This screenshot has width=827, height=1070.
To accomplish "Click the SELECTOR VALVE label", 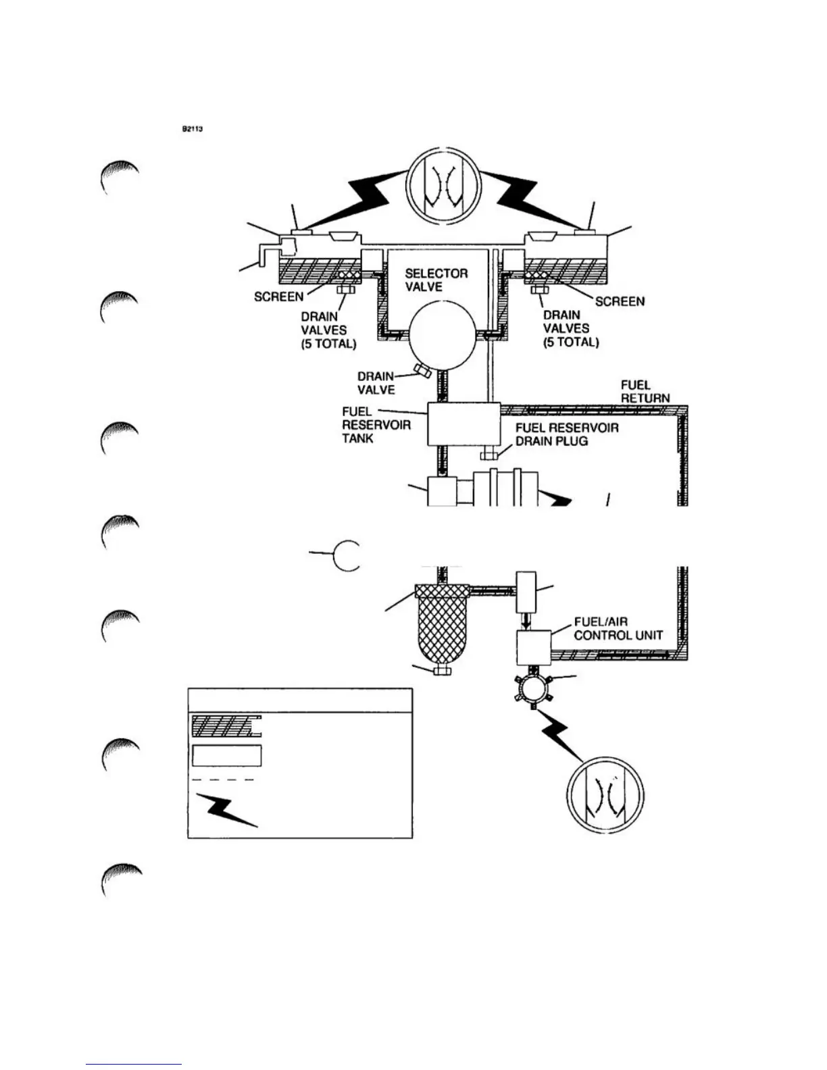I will (x=436, y=280).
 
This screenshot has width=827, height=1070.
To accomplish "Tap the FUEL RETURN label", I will (x=645, y=391).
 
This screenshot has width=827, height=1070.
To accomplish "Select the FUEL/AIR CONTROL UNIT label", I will (x=618, y=628).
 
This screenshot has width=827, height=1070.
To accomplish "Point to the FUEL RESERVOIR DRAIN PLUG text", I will (x=566, y=434).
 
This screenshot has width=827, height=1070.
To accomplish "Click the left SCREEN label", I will (x=278, y=297).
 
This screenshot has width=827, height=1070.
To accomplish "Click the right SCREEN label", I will (x=620, y=301).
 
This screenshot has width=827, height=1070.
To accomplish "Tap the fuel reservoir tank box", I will (x=463, y=424).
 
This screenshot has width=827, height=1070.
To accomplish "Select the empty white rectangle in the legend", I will (x=227, y=755).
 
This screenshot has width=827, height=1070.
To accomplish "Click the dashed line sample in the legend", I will (x=224, y=780).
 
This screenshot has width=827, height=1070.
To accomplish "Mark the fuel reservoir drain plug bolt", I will (x=489, y=455).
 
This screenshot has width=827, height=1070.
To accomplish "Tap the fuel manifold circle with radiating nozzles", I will (x=534, y=689).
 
